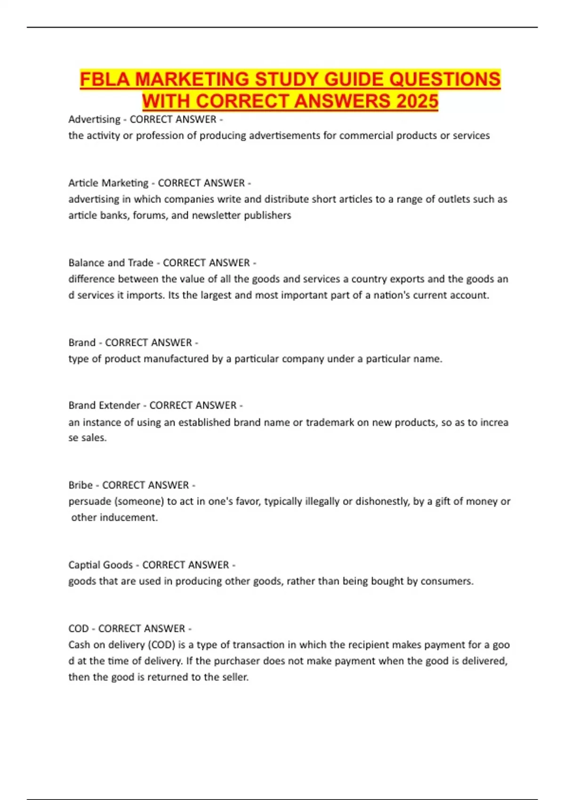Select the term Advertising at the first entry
(94, 120)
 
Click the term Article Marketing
(108, 183)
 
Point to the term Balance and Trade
(111, 263)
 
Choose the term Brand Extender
(104, 405)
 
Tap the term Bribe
(81, 485)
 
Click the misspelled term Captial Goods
(100, 565)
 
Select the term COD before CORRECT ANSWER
(78, 629)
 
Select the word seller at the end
(234, 677)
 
